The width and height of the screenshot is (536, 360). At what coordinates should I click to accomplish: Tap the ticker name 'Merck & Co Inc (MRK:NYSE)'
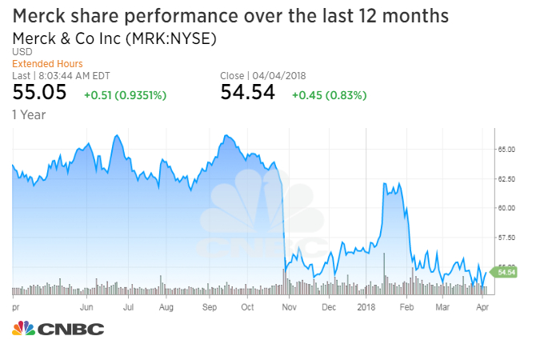click(x=114, y=38)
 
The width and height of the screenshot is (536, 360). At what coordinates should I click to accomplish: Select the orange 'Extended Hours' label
click(x=47, y=63)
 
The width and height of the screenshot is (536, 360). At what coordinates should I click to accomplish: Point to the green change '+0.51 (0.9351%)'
click(x=125, y=95)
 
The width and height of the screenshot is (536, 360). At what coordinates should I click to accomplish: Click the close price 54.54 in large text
click(x=247, y=93)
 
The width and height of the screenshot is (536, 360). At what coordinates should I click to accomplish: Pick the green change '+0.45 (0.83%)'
click(x=329, y=95)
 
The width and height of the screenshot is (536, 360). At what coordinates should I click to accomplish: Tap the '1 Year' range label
click(x=29, y=114)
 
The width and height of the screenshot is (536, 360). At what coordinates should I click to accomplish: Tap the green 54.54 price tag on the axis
click(x=506, y=273)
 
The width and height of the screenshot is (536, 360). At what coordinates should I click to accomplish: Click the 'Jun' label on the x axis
click(x=87, y=306)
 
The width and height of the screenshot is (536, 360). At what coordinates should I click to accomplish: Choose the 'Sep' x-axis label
click(x=210, y=306)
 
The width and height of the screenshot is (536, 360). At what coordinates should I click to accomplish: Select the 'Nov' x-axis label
click(x=288, y=306)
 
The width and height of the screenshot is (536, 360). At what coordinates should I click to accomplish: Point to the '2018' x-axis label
click(x=366, y=306)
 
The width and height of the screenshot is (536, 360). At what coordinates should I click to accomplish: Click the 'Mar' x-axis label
click(x=442, y=306)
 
